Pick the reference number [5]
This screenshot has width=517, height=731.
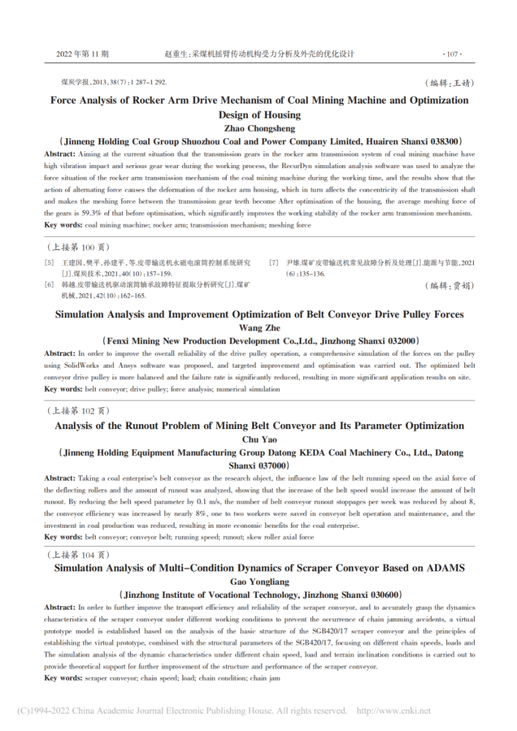click(x=49, y=262)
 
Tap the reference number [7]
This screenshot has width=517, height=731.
click(x=274, y=262)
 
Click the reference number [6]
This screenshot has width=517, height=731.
click(x=49, y=284)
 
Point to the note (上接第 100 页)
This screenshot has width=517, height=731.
click(x=75, y=247)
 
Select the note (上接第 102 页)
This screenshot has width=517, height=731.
click(x=75, y=412)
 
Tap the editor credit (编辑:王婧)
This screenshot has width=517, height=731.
click(x=446, y=84)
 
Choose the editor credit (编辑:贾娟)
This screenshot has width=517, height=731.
click(x=446, y=285)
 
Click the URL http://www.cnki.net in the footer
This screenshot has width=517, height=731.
click(x=393, y=711)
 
